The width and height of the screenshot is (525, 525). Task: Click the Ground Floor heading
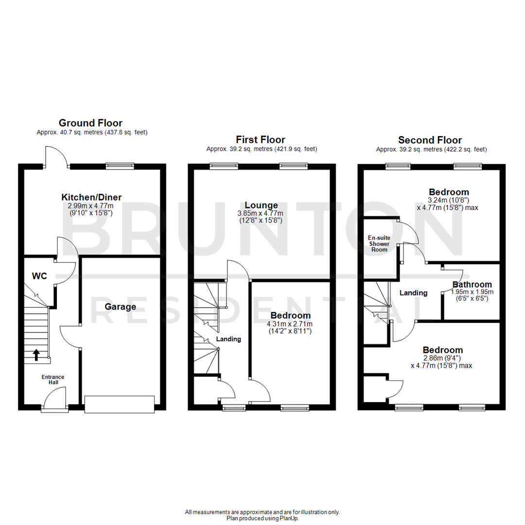point(90,123)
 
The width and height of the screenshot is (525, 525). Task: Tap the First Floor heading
point(261,140)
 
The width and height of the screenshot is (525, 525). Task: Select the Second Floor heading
point(430,140)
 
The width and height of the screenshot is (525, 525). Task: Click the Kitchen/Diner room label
point(91,197)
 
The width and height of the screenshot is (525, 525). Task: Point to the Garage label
point(120,307)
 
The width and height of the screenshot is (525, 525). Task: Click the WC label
point(39,276)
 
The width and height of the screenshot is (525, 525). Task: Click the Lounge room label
point(262,206)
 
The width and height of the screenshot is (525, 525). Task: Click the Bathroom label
point(472,284)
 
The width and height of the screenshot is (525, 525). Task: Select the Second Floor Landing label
point(413,293)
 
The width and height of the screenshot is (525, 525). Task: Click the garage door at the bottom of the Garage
point(120,404)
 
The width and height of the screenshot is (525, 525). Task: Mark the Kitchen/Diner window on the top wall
point(120,166)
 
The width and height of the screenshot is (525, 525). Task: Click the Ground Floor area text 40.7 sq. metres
point(92,132)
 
